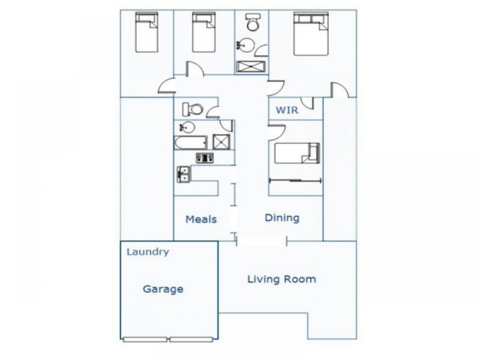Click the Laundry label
(148, 252)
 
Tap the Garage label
(163, 289)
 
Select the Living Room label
(281, 279)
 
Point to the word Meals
(201, 219)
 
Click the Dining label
(282, 218)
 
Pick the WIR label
(287, 110)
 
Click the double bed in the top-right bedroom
(311, 34)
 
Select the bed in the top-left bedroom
(146, 32)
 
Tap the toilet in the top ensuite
(253, 22)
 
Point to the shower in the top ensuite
(250, 67)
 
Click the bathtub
(190, 143)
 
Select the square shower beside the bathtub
(221, 142)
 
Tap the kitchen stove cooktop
(205, 158)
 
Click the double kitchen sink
(184, 174)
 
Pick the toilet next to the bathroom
(193, 109)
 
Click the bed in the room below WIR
(297, 153)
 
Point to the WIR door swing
(308, 103)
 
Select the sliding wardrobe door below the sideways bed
(295, 181)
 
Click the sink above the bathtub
(187, 127)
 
